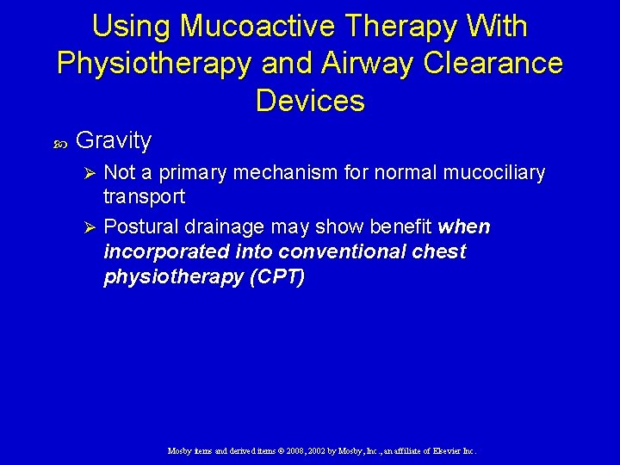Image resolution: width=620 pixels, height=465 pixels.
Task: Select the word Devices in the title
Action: [310, 101]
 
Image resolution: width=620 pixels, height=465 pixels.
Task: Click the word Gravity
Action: [114, 140]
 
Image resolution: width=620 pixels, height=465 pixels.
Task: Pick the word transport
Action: [144, 196]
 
